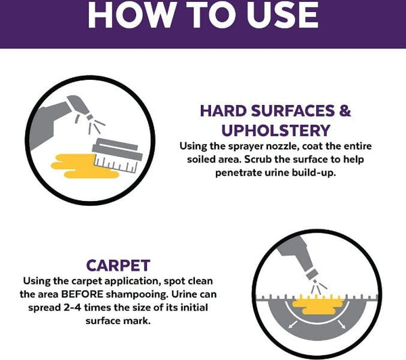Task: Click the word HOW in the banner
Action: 131,14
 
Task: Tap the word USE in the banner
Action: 282,14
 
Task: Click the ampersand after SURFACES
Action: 345,111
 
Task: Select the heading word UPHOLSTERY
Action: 276,131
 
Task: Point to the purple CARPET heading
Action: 118,265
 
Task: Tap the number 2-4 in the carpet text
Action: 72,307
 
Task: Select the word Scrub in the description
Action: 258,159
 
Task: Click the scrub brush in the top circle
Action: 117,156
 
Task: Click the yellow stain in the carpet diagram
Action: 318,305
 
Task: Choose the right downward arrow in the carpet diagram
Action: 342,325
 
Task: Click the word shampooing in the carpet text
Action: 137,294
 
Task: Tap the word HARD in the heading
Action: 223,111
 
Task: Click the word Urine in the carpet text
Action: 184,294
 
